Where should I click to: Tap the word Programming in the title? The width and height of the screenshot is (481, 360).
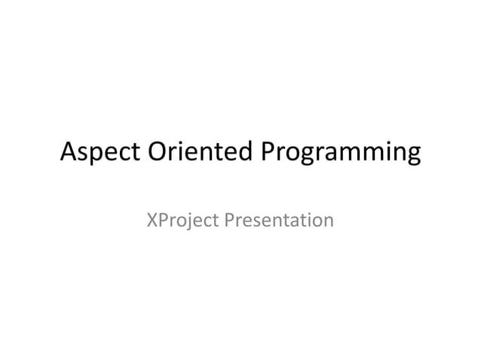[340, 154]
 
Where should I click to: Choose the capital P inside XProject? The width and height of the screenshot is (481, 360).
[162, 220]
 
